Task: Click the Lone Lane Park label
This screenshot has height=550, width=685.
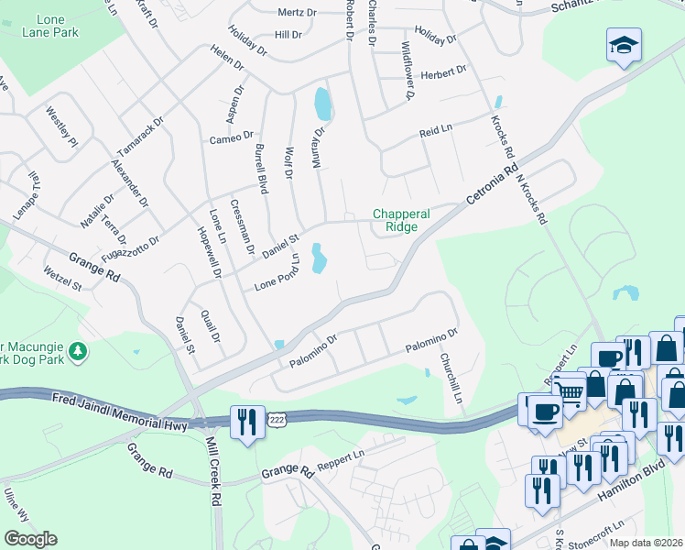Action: pyautogui.click(x=70, y=26)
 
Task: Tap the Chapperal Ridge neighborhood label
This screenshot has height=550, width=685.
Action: pyautogui.click(x=401, y=221)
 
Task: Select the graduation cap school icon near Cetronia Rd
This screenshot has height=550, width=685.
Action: pyautogui.click(x=624, y=46)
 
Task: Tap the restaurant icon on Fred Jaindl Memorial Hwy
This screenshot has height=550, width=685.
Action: pyautogui.click(x=247, y=423)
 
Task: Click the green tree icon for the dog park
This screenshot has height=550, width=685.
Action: pyautogui.click(x=79, y=350)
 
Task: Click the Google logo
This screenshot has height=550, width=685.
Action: pyautogui.click(x=30, y=538)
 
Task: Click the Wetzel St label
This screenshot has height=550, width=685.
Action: pyautogui.click(x=63, y=279)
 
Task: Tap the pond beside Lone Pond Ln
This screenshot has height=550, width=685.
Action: pyautogui.click(x=319, y=258)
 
